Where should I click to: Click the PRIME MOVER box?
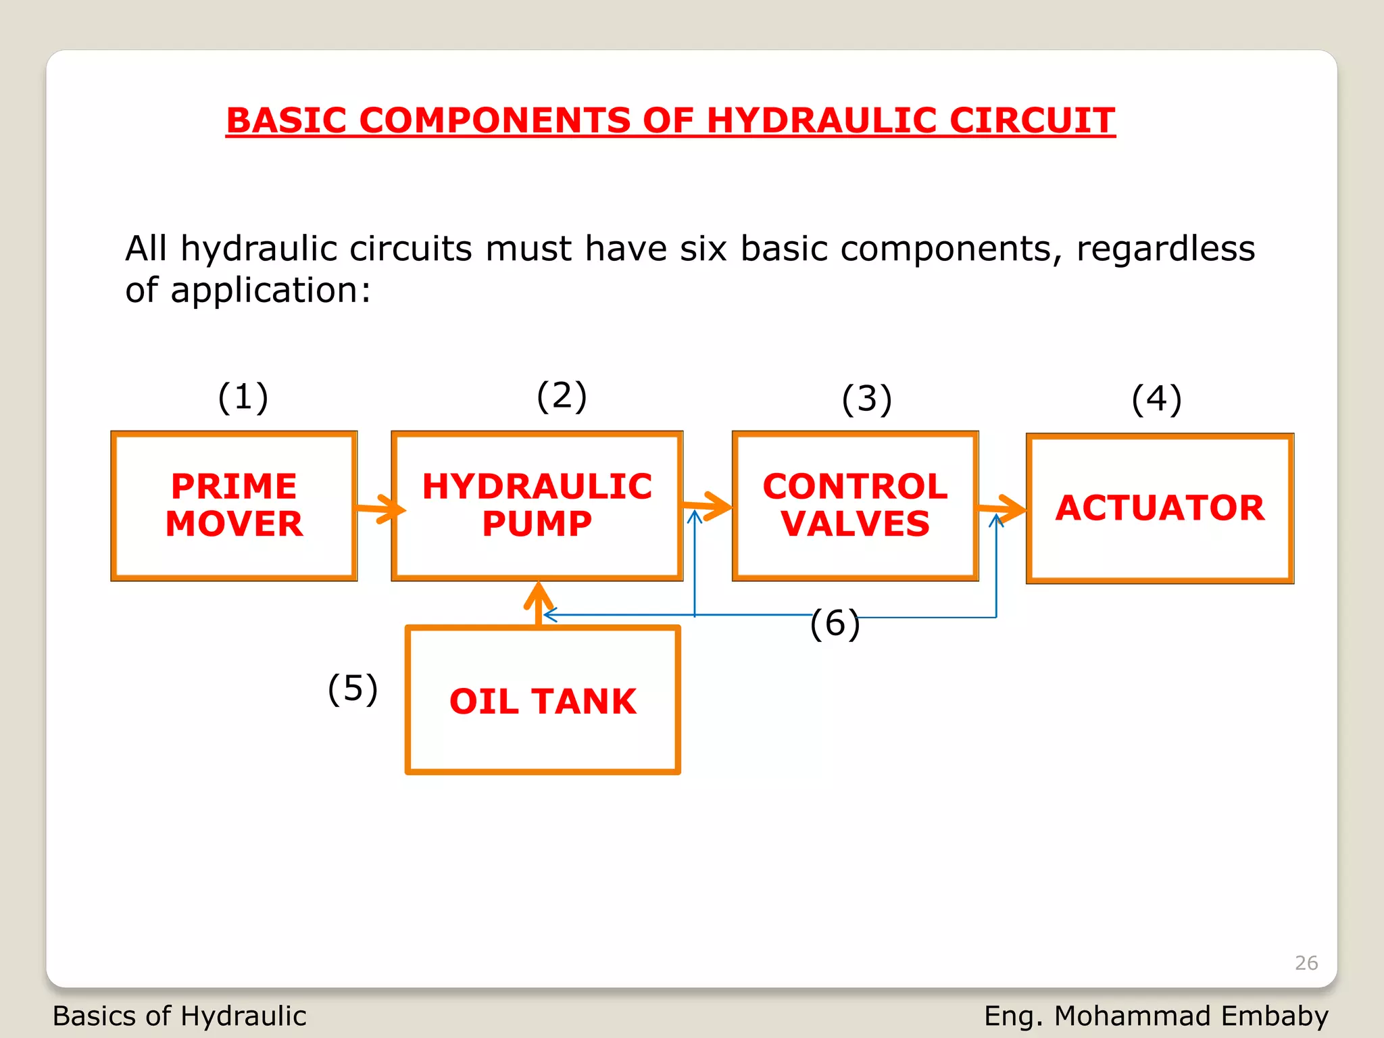click(234, 505)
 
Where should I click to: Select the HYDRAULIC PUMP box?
click(537, 505)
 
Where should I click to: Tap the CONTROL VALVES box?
click(855, 505)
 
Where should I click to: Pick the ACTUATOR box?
click(1160, 508)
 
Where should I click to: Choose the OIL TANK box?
click(543, 700)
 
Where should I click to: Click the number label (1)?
click(243, 397)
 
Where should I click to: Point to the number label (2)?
click(562, 395)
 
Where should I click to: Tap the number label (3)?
click(867, 399)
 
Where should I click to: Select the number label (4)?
click(1157, 399)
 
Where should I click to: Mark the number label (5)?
click(353, 689)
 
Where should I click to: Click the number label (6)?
click(835, 622)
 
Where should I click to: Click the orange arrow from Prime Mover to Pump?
click(380, 509)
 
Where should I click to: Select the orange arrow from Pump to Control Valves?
click(707, 506)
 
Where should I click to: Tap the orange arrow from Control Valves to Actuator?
click(1002, 509)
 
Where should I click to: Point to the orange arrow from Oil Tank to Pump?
click(539, 603)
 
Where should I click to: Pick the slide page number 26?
click(1306, 962)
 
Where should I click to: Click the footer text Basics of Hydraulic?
click(180, 1016)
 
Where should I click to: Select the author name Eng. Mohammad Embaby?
click(1156, 1016)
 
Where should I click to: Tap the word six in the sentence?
click(703, 249)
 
